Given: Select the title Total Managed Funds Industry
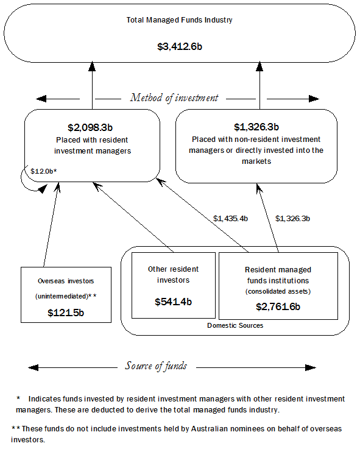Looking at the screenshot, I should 179,19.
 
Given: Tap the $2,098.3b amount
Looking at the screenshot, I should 91,127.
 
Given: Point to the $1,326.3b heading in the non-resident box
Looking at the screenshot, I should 256,127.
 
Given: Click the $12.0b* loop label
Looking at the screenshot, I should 43,171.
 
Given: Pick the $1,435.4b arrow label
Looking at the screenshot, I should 230,217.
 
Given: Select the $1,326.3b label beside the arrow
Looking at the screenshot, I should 295,217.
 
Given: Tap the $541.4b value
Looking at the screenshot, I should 173,302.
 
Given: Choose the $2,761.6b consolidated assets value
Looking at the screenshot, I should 278,306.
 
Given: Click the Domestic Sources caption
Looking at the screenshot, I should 235,326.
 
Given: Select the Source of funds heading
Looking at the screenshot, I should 156,366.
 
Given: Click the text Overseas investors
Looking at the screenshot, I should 66,281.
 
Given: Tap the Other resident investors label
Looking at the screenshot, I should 173,274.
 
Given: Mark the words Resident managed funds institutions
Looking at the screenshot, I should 278,274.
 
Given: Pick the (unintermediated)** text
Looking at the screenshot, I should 66,295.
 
